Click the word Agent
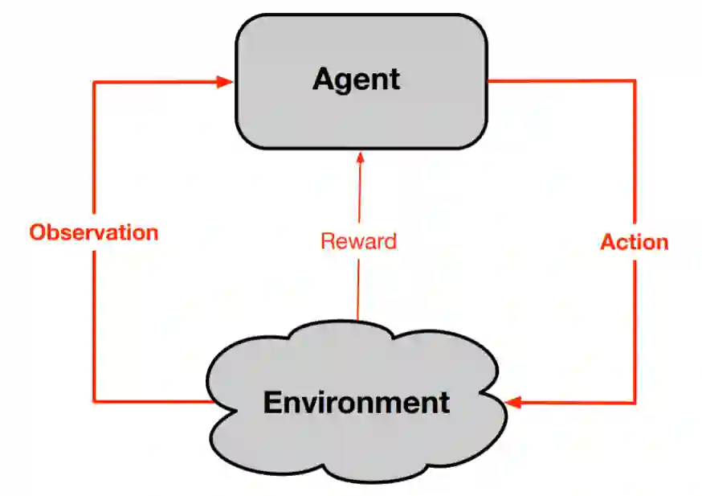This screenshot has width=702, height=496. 356,80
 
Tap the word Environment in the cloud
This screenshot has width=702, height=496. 356,401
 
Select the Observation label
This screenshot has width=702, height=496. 94,232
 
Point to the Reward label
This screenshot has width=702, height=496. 358,241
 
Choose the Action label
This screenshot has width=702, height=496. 635,242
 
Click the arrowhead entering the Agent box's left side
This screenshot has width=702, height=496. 226,80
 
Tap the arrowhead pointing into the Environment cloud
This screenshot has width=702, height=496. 514,401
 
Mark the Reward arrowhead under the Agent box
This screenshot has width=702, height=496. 359,159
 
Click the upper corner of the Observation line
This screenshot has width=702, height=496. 94,81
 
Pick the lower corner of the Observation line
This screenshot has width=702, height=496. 94,400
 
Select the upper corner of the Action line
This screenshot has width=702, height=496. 635,80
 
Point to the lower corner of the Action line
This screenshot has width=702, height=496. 635,401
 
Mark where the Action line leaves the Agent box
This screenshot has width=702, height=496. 490,80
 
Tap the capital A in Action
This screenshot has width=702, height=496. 609,242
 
